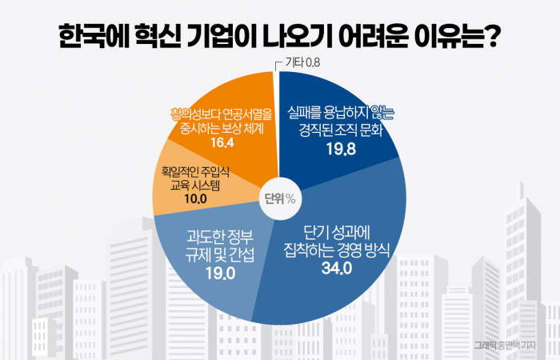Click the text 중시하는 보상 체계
222,127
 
